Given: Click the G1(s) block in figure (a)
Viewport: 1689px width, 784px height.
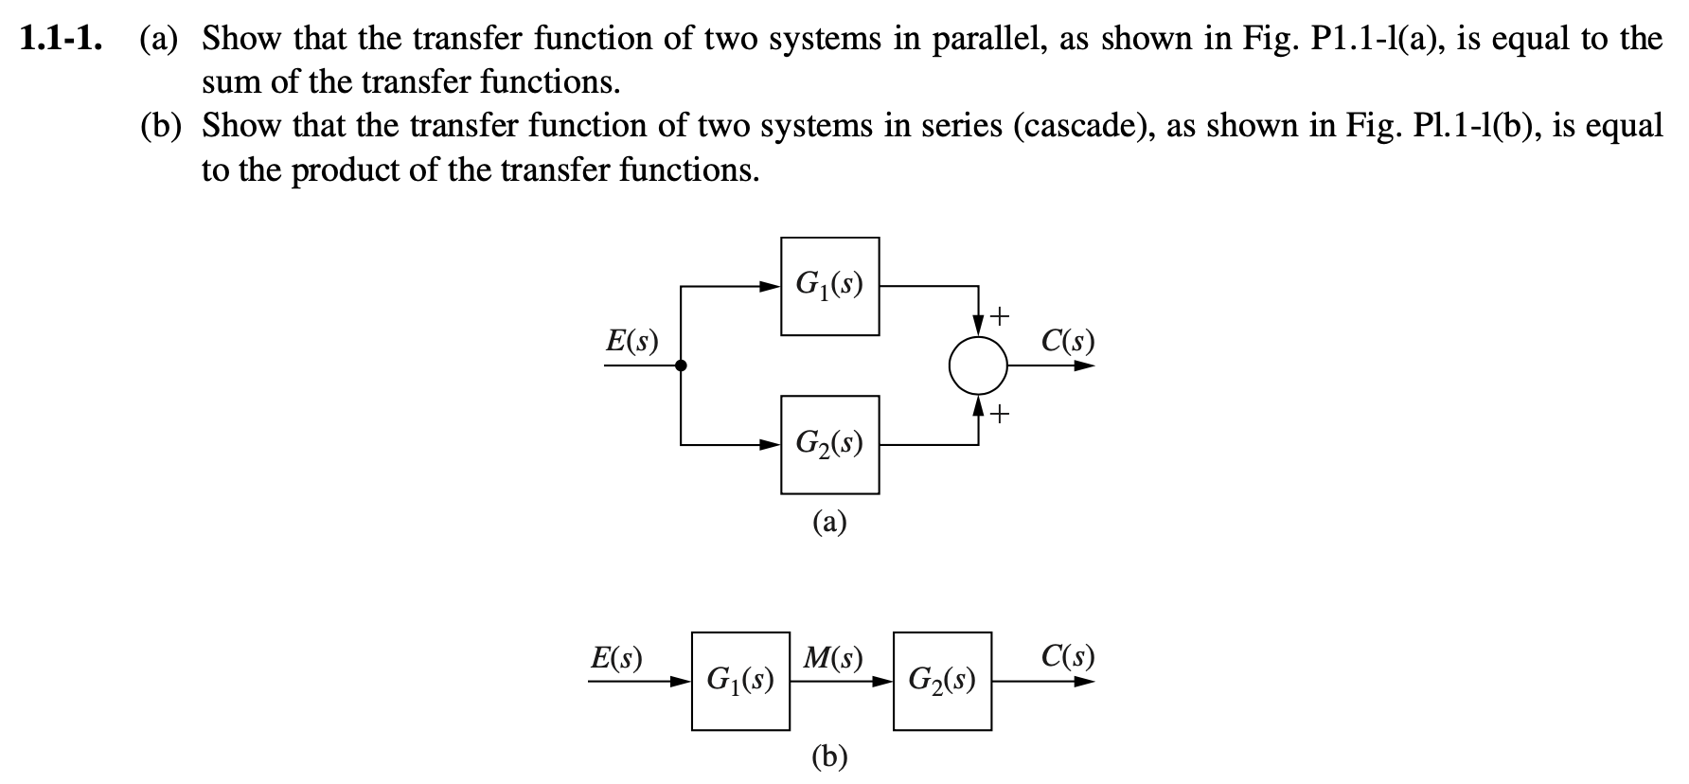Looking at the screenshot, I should click(x=829, y=286).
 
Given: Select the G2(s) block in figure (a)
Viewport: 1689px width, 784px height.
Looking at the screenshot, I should click(x=829, y=444).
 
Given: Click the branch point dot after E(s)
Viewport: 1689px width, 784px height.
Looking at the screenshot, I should click(x=681, y=365).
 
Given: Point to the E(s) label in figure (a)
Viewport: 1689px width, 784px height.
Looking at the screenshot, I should click(x=631, y=341).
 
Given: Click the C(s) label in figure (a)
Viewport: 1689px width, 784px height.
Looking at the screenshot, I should click(x=1067, y=341).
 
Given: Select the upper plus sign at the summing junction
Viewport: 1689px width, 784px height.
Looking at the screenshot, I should click(x=1002, y=313).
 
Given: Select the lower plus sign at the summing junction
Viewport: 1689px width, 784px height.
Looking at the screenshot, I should click(x=1002, y=414).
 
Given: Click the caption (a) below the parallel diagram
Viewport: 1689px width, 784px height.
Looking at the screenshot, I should click(x=829, y=522).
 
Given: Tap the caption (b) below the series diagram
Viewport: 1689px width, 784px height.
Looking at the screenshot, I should click(x=829, y=756).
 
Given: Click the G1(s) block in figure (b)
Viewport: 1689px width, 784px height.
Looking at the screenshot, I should click(x=740, y=681).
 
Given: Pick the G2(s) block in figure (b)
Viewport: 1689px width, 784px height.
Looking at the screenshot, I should click(x=942, y=681).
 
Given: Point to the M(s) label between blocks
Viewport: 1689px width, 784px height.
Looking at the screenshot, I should click(x=832, y=657).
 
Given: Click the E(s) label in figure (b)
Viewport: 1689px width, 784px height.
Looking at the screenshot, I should click(x=615, y=657).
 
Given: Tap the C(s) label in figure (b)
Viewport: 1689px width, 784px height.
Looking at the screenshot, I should click(x=1067, y=657).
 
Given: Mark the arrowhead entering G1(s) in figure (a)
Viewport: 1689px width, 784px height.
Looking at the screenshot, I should click(x=772, y=286).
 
